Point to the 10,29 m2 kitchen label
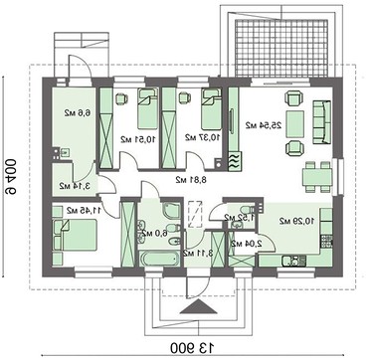click(x=295, y=220)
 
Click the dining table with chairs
click(x=317, y=170)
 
